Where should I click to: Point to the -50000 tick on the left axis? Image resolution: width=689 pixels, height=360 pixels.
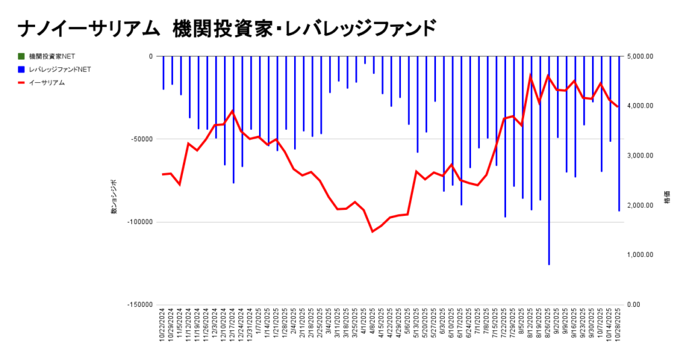(141, 139)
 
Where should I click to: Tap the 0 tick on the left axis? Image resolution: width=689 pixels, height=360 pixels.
(151, 56)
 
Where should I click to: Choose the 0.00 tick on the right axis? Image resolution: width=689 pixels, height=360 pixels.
(635, 304)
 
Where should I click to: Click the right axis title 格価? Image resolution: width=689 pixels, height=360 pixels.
(667, 202)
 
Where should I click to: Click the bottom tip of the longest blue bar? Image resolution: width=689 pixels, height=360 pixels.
(549, 264)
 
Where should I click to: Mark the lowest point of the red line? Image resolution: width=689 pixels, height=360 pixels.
(372, 231)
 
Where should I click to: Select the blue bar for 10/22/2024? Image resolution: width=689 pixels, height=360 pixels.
(163, 73)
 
